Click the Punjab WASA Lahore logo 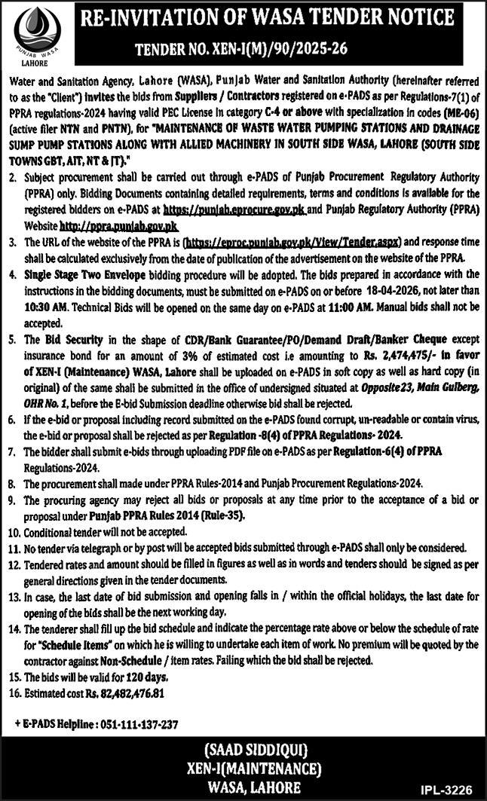[34, 36]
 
